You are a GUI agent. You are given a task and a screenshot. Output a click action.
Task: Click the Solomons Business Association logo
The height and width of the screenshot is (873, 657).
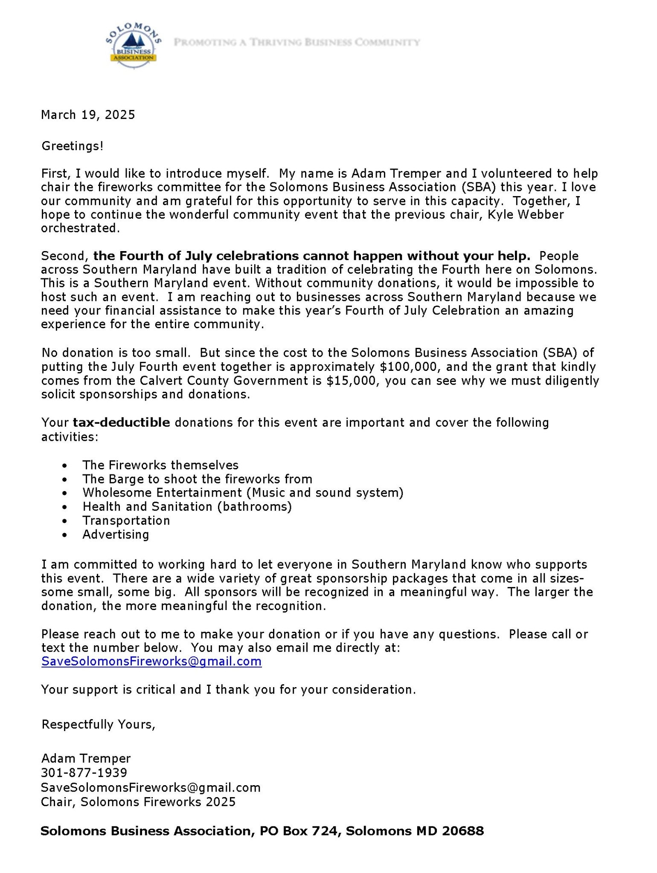pos(134,46)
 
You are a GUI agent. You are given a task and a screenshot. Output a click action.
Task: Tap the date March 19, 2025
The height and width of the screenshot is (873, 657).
pos(88,115)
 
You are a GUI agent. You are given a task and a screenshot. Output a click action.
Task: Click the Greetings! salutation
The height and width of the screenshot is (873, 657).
pos(73,146)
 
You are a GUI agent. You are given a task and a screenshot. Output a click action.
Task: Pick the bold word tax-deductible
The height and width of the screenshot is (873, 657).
pos(122,422)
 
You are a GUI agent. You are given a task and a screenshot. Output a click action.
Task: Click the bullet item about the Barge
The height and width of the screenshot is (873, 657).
pos(197,479)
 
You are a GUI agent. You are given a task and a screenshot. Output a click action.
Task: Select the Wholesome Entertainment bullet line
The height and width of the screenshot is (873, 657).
pos(243,493)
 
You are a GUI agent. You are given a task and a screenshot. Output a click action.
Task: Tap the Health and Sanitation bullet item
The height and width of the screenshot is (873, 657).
pos(187,507)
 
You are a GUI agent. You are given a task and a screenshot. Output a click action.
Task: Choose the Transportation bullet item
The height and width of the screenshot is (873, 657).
pos(126,520)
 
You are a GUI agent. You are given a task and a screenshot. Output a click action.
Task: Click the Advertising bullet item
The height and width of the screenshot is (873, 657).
pos(116,535)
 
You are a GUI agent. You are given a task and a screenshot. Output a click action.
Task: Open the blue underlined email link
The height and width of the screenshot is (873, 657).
pos(151,661)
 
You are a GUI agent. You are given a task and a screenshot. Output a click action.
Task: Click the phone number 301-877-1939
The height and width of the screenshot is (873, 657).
pos(84,772)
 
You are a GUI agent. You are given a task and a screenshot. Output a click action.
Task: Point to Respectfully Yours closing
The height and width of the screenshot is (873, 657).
pos(98,724)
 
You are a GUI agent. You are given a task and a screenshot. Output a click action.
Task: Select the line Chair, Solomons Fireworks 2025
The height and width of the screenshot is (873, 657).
pos(138,802)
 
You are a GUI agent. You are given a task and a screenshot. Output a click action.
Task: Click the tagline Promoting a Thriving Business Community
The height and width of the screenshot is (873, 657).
pos(297,42)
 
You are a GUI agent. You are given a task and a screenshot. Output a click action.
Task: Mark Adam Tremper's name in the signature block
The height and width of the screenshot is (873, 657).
pos(86,758)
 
